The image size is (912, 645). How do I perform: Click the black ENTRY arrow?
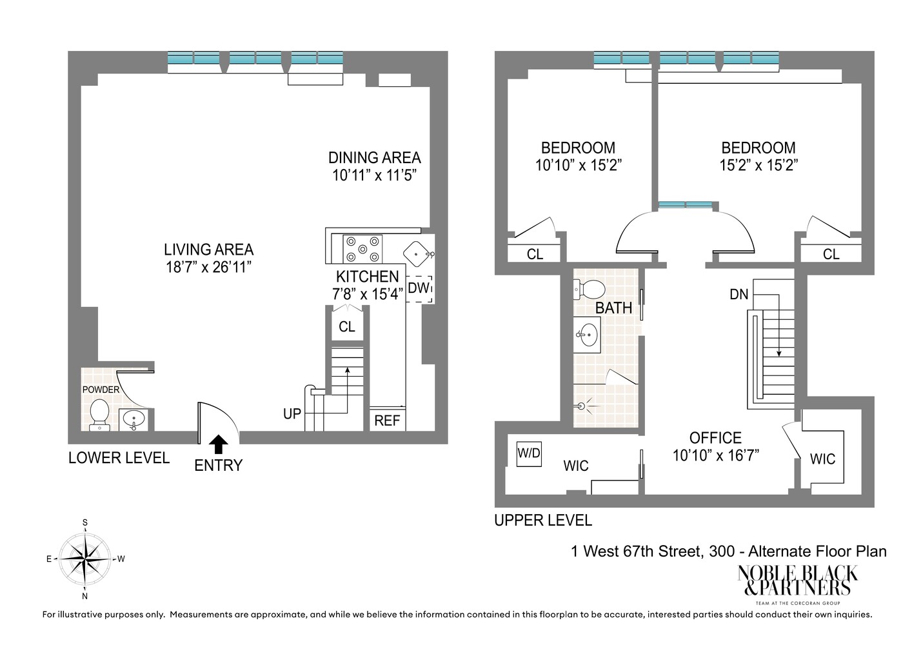pyautogui.click(x=219, y=443)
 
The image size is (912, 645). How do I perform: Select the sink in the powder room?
pyautogui.click(x=134, y=419)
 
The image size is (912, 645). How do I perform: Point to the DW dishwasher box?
pyautogui.click(x=419, y=288)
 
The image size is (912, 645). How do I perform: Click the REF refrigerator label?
pyautogui.click(x=387, y=421)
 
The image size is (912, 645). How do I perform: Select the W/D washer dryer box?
pyautogui.click(x=529, y=453)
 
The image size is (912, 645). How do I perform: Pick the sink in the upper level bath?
pyautogui.click(x=588, y=335)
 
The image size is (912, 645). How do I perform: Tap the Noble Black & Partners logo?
pyautogui.click(x=797, y=581)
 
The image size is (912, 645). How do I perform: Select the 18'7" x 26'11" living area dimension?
pyautogui.click(x=208, y=267)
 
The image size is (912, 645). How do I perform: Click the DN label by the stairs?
pyautogui.click(x=739, y=295)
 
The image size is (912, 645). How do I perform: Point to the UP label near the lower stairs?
pyautogui.click(x=292, y=413)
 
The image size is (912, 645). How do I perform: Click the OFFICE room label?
pyautogui.click(x=715, y=438)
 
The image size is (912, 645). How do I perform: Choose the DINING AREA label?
pyautogui.click(x=374, y=157)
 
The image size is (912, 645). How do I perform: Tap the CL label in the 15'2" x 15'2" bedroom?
pyautogui.click(x=831, y=254)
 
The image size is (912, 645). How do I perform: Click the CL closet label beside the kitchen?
pyautogui.click(x=347, y=327)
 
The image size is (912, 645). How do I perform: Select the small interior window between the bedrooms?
pyautogui.click(x=685, y=205)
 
